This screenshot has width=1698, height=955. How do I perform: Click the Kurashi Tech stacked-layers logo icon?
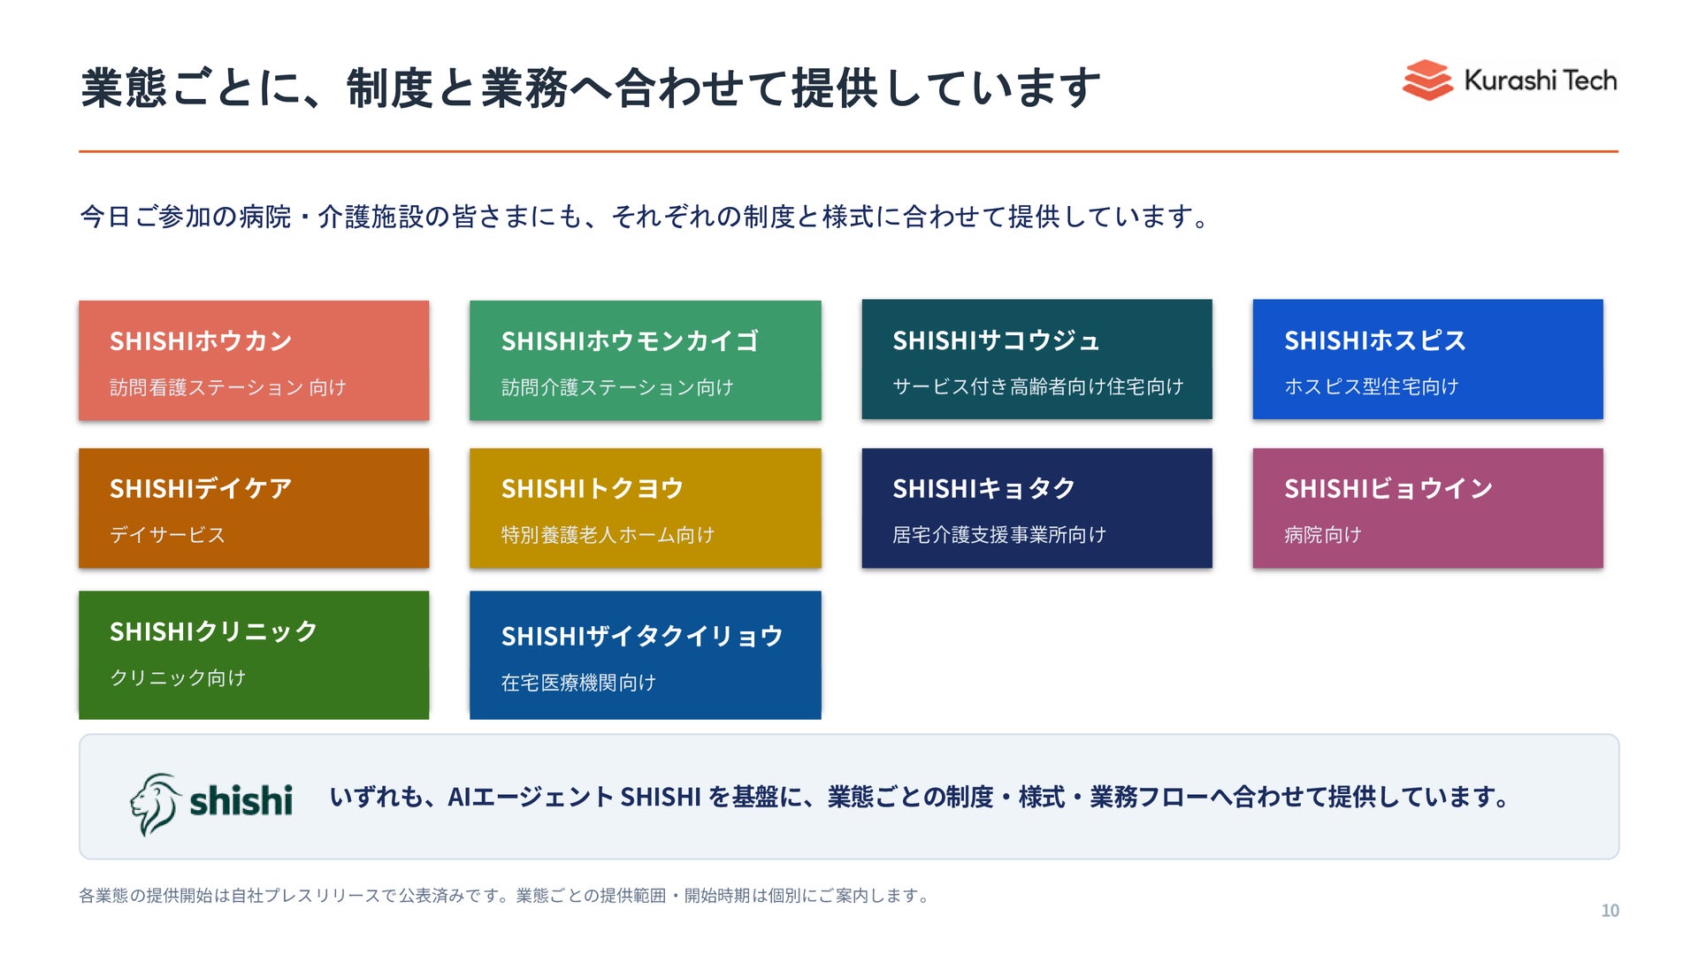click(x=1427, y=80)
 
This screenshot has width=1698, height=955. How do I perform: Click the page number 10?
click(x=1610, y=911)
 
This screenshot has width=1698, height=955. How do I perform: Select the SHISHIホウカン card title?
click(x=201, y=340)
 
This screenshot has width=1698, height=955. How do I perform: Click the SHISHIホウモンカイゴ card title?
click(x=630, y=340)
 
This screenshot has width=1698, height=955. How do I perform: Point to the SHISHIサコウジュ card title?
click(x=996, y=340)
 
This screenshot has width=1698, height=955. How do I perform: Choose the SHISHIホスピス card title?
click(x=1375, y=340)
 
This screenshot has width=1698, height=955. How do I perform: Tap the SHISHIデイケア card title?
click(x=201, y=488)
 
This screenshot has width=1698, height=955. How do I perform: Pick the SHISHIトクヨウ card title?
click(x=593, y=488)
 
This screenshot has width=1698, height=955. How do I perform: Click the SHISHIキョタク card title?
click(x=984, y=488)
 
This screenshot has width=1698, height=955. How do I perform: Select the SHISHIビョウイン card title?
click(x=1388, y=488)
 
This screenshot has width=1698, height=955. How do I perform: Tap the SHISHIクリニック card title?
click(x=213, y=631)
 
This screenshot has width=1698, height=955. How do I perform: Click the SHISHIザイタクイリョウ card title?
click(x=642, y=636)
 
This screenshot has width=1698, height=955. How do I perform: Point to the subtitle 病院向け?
click(x=1323, y=535)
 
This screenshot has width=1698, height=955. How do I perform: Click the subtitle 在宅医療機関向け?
click(x=578, y=683)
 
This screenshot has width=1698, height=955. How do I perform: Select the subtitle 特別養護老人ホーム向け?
click(x=608, y=535)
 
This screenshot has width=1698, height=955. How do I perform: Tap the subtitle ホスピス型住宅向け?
click(x=1372, y=386)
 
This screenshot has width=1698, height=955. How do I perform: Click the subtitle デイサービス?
click(x=168, y=535)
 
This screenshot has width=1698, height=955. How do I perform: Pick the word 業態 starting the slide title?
click(x=124, y=88)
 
